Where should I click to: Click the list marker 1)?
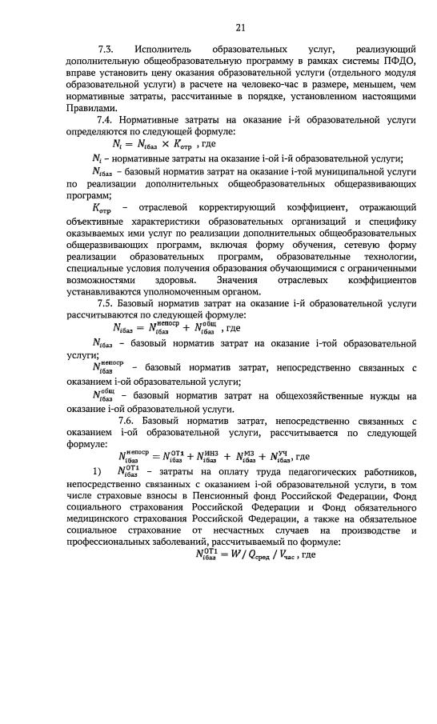click(x=98, y=471)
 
